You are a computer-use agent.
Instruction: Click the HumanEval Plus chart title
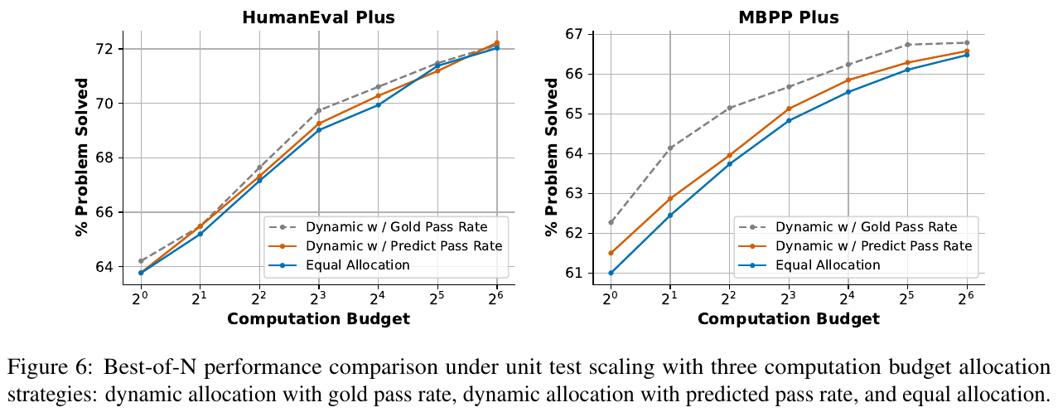click(318, 17)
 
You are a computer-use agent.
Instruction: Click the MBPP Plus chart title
click(788, 17)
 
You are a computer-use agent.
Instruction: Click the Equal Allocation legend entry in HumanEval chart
click(357, 265)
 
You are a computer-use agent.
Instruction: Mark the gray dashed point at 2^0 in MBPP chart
click(611, 222)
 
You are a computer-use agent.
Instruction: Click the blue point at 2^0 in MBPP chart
click(611, 273)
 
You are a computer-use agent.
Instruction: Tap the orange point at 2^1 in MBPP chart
click(670, 198)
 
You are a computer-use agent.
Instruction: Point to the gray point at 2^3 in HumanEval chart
click(319, 110)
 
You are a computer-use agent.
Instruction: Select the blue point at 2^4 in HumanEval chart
click(379, 104)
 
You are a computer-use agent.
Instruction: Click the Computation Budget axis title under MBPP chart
click(788, 319)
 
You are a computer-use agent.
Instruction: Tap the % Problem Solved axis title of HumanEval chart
click(82, 157)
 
